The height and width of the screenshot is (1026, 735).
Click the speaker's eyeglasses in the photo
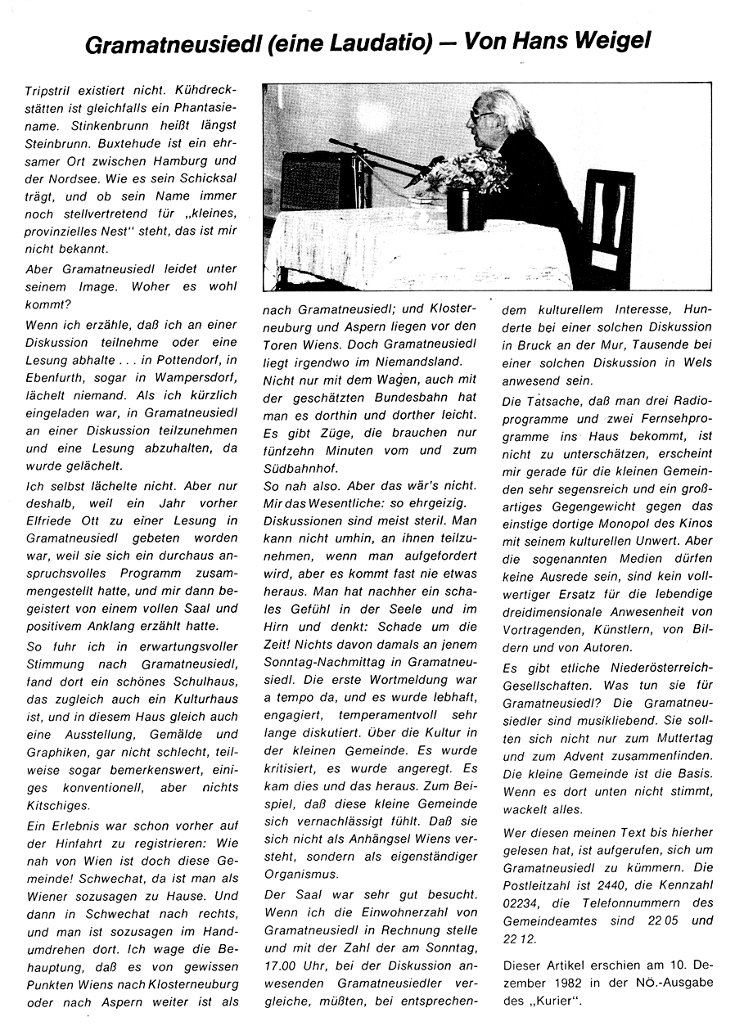click(483, 116)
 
